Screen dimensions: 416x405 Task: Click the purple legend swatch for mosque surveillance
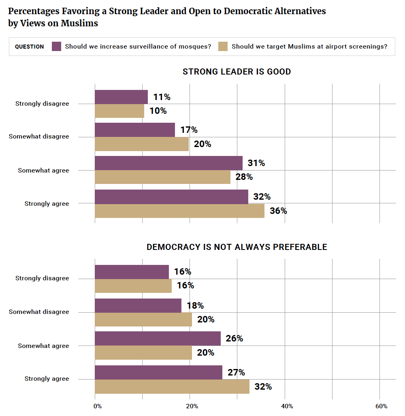click(x=57, y=46)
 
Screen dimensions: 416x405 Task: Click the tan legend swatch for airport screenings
click(x=223, y=46)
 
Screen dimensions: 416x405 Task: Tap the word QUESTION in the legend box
click(x=30, y=47)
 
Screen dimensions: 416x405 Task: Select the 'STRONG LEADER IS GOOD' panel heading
click(x=237, y=72)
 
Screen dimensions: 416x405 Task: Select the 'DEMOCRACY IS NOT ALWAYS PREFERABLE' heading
click(x=237, y=247)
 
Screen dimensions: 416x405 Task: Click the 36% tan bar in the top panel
click(x=179, y=211)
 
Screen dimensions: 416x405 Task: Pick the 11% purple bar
click(x=121, y=97)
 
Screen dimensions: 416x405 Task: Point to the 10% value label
click(x=158, y=111)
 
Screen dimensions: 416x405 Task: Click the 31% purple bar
click(x=168, y=163)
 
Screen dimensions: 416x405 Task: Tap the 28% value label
click(x=244, y=177)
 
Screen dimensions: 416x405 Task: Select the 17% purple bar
click(x=135, y=130)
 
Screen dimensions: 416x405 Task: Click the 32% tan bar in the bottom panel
click(x=172, y=386)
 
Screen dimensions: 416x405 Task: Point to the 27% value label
click(x=237, y=372)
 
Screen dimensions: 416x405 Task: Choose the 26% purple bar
click(x=158, y=339)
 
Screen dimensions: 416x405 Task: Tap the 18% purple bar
click(x=138, y=305)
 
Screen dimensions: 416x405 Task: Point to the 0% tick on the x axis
click(x=98, y=406)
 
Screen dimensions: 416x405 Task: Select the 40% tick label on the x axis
click(x=287, y=406)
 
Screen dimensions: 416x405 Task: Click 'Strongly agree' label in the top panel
click(x=47, y=204)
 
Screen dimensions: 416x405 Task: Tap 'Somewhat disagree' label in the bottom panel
click(x=39, y=312)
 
